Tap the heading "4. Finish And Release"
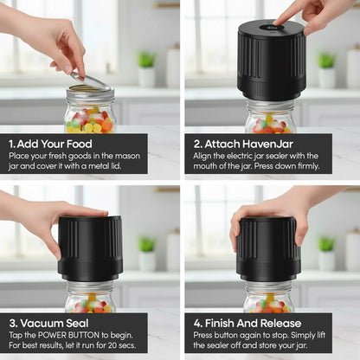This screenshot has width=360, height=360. click(247, 324)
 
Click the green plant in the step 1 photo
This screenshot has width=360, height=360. click(146, 61)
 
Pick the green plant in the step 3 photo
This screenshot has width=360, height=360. click(146, 244)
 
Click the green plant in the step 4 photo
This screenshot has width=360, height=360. click(326, 244)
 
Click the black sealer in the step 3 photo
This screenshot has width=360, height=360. click(90, 248)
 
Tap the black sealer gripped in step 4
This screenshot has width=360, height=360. click(268, 248)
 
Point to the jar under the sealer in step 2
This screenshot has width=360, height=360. click(270, 117)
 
